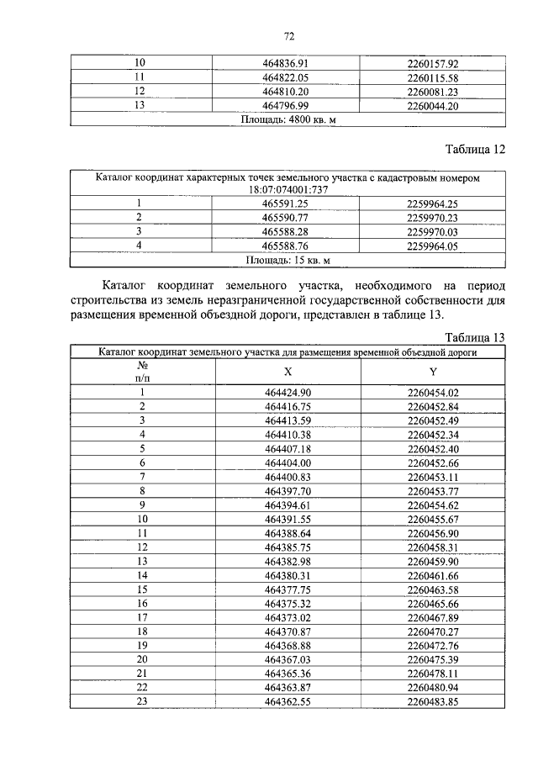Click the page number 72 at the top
[288, 36]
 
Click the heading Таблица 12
[474, 151]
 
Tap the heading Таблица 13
[474, 337]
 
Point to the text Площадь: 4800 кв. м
[287, 119]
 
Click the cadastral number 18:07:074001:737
[287, 191]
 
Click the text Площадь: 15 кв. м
[287, 260]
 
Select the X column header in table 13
[287, 372]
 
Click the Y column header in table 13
[432, 372]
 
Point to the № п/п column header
[142, 372]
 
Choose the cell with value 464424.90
[287, 393]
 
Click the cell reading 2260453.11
[432, 476]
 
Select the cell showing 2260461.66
[432, 574]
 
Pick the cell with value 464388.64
[287, 532]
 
